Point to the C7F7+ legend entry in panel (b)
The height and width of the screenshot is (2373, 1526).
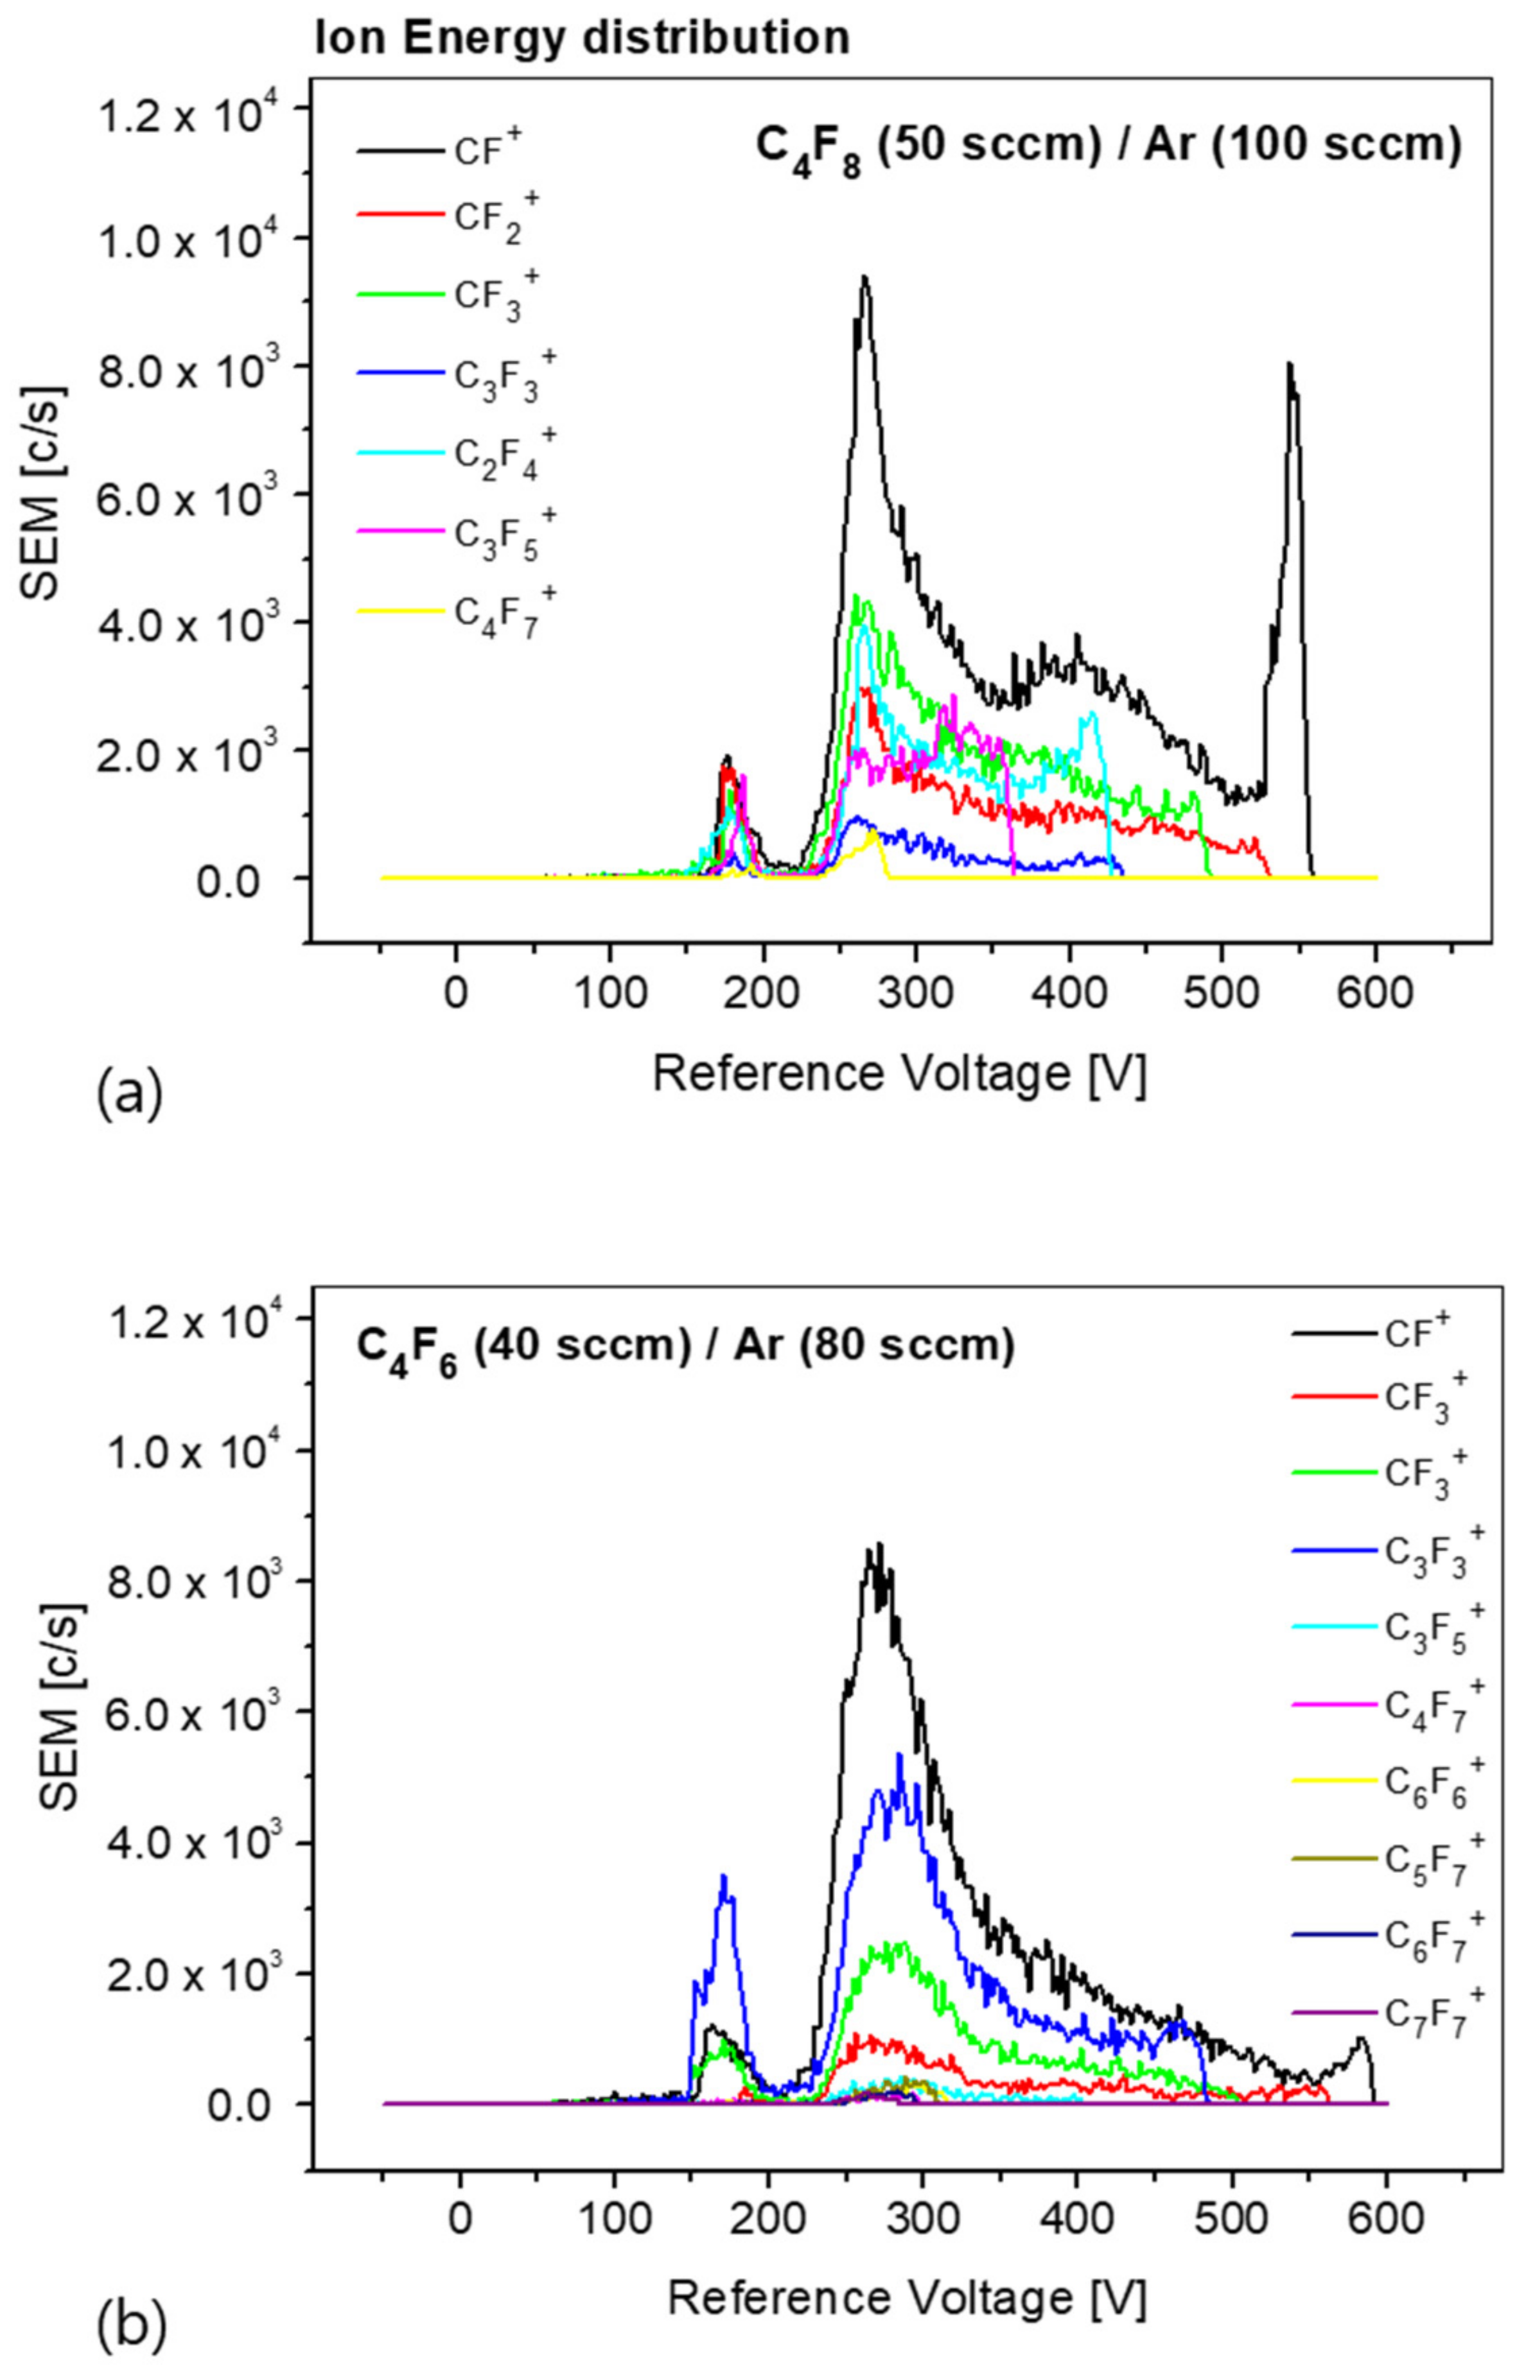pyautogui.click(x=1387, y=2013)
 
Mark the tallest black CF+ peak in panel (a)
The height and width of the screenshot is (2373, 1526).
pyautogui.click(x=864, y=279)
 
